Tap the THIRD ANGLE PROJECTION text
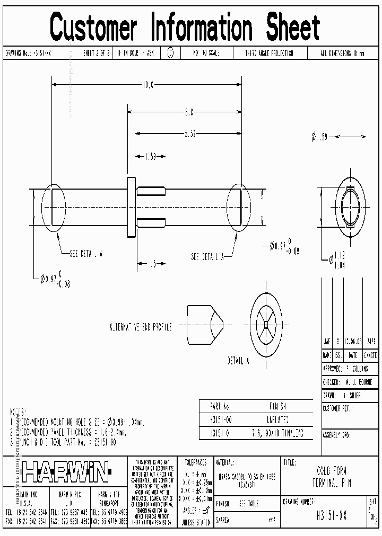click(268, 53)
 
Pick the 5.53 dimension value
click(191, 134)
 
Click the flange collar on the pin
click(131, 207)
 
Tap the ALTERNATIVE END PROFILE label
click(140, 327)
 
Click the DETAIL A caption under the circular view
click(239, 361)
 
